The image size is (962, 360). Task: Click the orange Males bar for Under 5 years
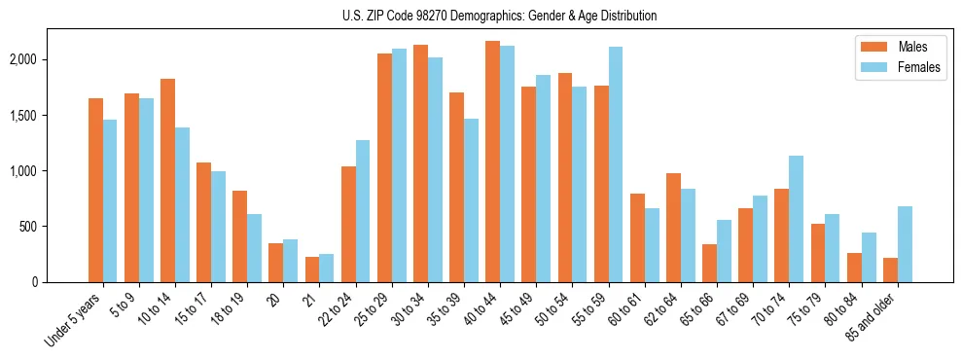pyautogui.click(x=95, y=190)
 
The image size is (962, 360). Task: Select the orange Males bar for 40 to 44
pyautogui.click(x=492, y=162)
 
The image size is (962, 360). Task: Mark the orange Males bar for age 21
pyautogui.click(x=312, y=270)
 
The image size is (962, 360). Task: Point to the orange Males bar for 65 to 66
pyautogui.click(x=709, y=263)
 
